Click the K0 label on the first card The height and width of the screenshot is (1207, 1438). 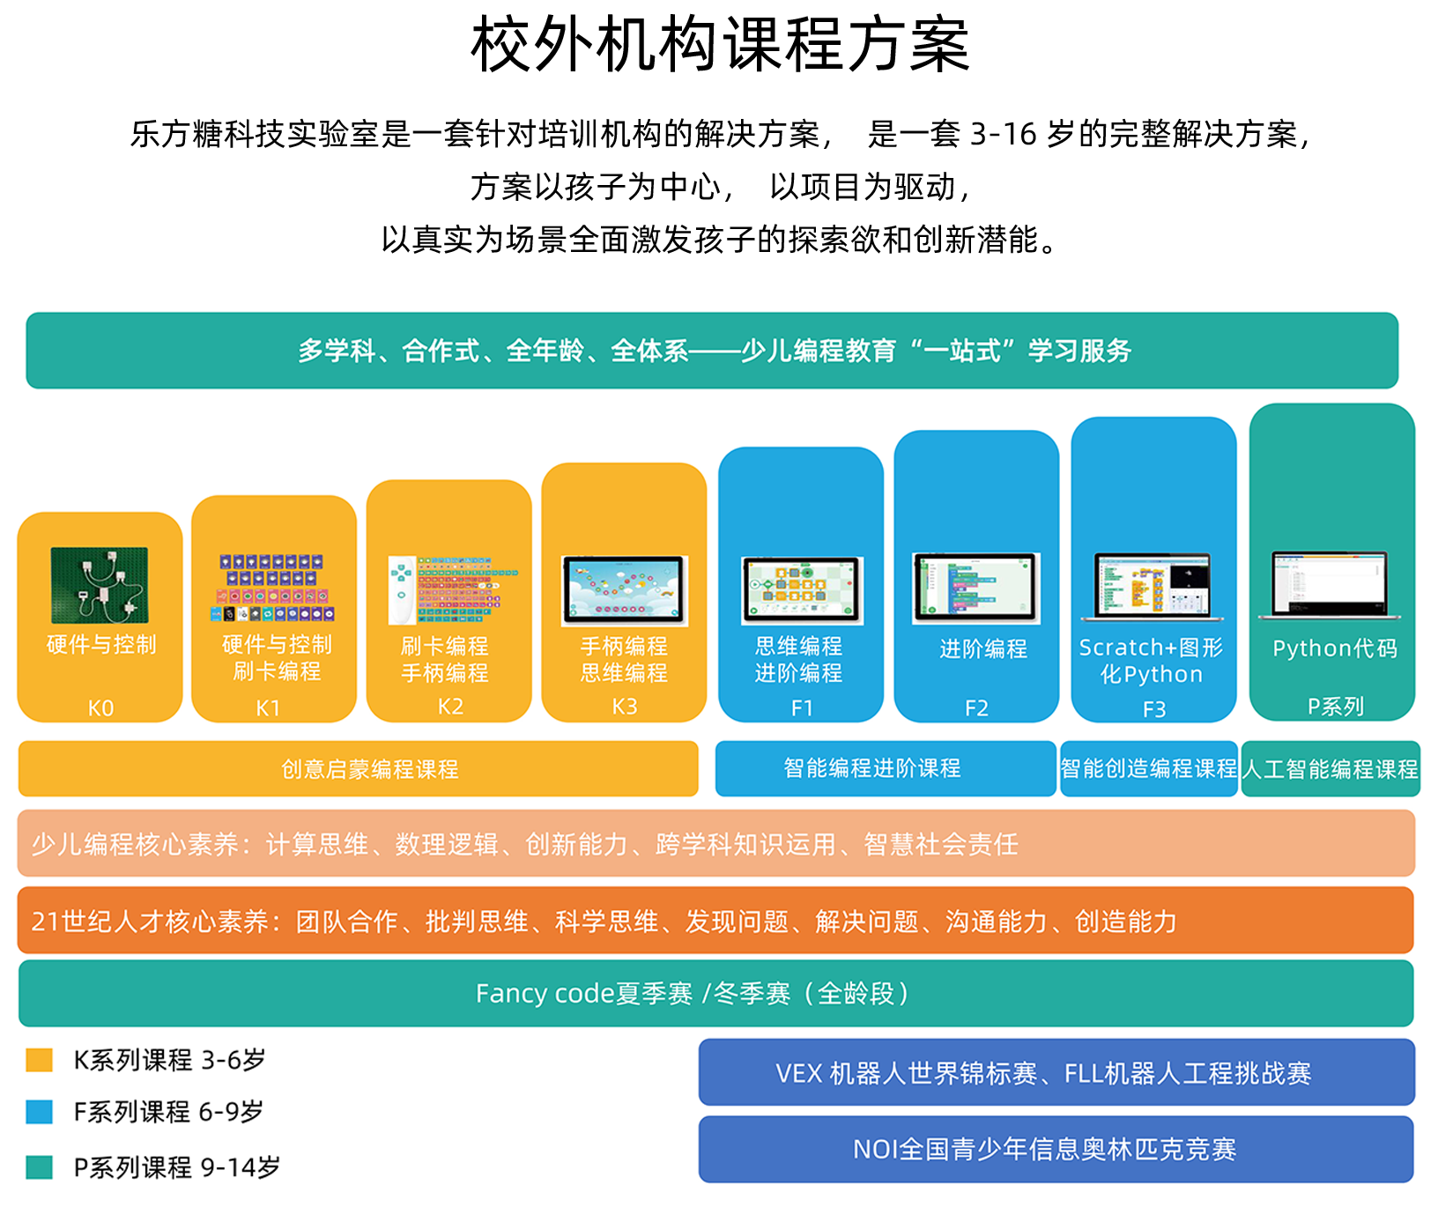(100, 707)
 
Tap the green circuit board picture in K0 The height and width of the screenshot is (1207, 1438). (100, 585)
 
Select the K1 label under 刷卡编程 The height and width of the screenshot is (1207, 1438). (268, 707)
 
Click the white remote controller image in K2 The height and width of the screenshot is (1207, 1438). (401, 589)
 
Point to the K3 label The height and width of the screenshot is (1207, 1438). (625, 707)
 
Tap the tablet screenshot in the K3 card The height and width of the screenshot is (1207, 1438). (624, 590)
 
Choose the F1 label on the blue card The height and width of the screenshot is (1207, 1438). (802, 707)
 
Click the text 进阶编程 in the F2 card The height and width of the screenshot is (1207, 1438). (982, 649)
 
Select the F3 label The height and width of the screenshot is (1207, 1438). (1153, 708)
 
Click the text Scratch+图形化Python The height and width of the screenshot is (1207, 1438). (1151, 661)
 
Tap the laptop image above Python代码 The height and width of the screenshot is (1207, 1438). (1330, 584)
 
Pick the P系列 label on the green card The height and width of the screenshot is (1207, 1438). (1335, 707)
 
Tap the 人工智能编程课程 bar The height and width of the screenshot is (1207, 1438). (1330, 769)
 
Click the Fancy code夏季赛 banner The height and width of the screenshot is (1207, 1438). (715, 994)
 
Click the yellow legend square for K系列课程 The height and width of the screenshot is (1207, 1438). (40, 1060)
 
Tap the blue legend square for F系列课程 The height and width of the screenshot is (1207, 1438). (40, 1112)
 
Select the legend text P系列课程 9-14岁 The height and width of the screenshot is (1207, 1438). (176, 1167)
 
